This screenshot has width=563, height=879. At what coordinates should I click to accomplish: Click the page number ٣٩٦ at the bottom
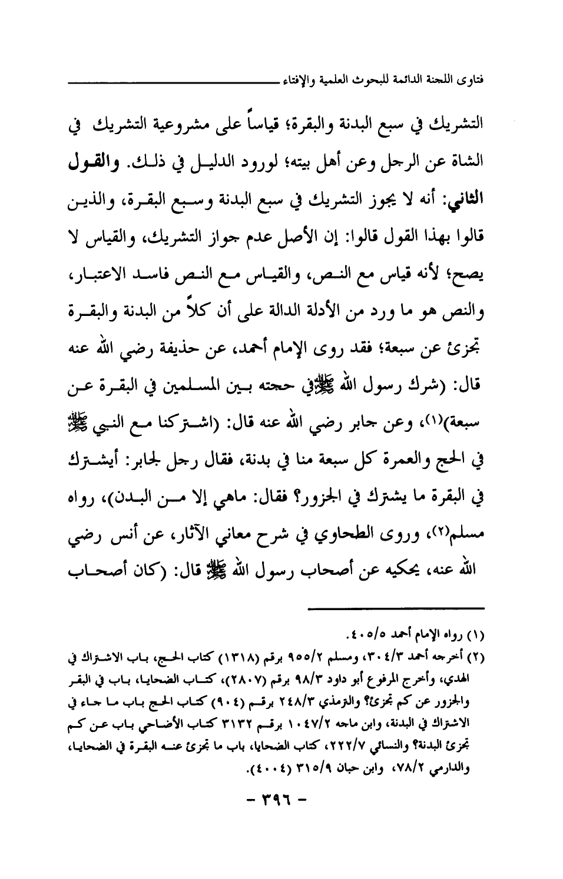(281, 801)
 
